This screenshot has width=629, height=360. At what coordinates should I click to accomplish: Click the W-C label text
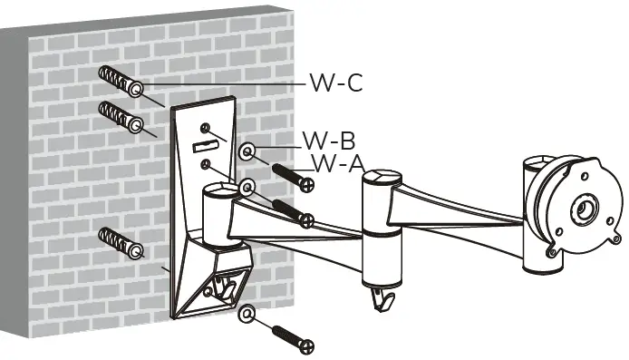pyautogui.click(x=335, y=83)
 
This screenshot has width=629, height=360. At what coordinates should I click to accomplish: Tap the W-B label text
pyautogui.click(x=328, y=141)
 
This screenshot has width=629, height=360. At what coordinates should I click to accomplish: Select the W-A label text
pyautogui.click(x=338, y=163)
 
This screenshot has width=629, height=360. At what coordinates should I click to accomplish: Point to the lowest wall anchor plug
pyautogui.click(x=120, y=243)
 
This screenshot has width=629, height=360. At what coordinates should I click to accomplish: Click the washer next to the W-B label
pyautogui.click(x=248, y=150)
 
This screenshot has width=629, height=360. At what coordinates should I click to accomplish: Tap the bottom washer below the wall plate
pyautogui.click(x=246, y=315)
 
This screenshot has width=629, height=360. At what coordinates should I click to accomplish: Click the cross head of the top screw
pyautogui.click(x=308, y=185)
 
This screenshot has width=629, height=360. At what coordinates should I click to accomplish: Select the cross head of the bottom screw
pyautogui.click(x=308, y=346)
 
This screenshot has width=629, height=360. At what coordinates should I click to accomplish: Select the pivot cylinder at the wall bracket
pyautogui.click(x=217, y=213)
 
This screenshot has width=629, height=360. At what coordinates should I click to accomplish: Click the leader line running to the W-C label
pyautogui.click(x=227, y=83)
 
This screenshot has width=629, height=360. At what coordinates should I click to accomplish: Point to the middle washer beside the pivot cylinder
pyautogui.click(x=246, y=188)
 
